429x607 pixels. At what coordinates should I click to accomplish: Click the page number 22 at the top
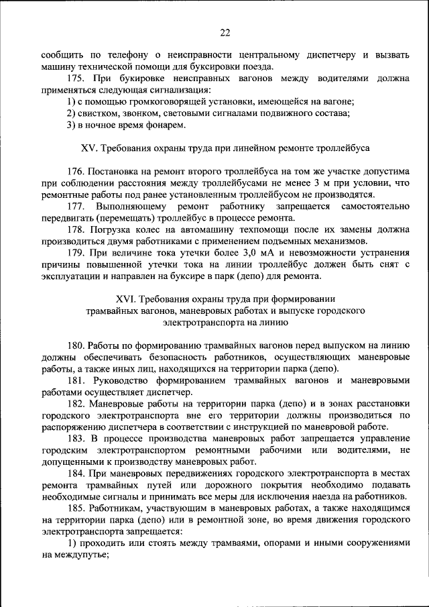coord(225,32)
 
